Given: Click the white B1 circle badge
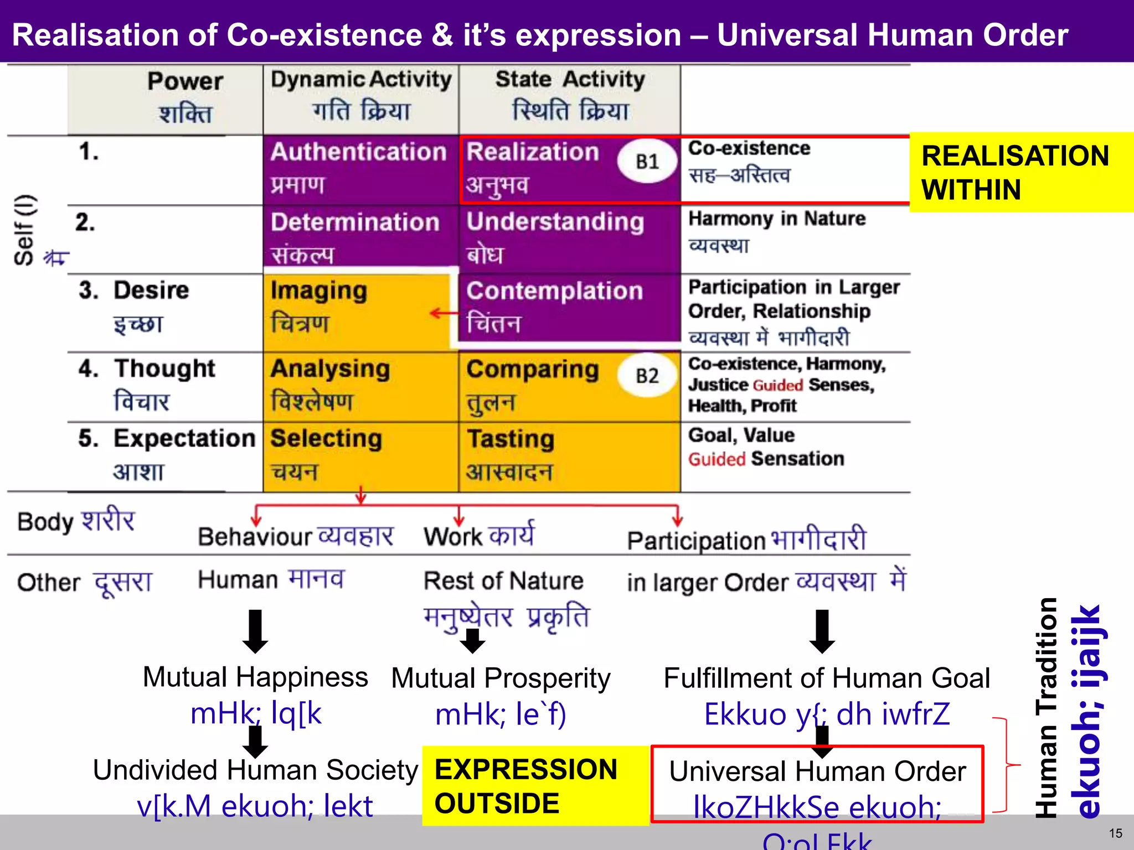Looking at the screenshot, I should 647,162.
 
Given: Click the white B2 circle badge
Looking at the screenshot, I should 647,376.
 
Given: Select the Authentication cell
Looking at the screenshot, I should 360,169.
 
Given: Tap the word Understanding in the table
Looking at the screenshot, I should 555,222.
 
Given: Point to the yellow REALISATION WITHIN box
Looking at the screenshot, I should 1020,172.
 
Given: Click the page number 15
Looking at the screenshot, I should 1115,833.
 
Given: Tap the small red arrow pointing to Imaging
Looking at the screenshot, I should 444,314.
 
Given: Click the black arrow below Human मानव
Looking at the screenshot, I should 255,631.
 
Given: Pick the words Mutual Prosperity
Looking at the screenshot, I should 501,678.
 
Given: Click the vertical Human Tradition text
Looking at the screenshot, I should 1046,708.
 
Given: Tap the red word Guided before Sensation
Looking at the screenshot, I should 717,459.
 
